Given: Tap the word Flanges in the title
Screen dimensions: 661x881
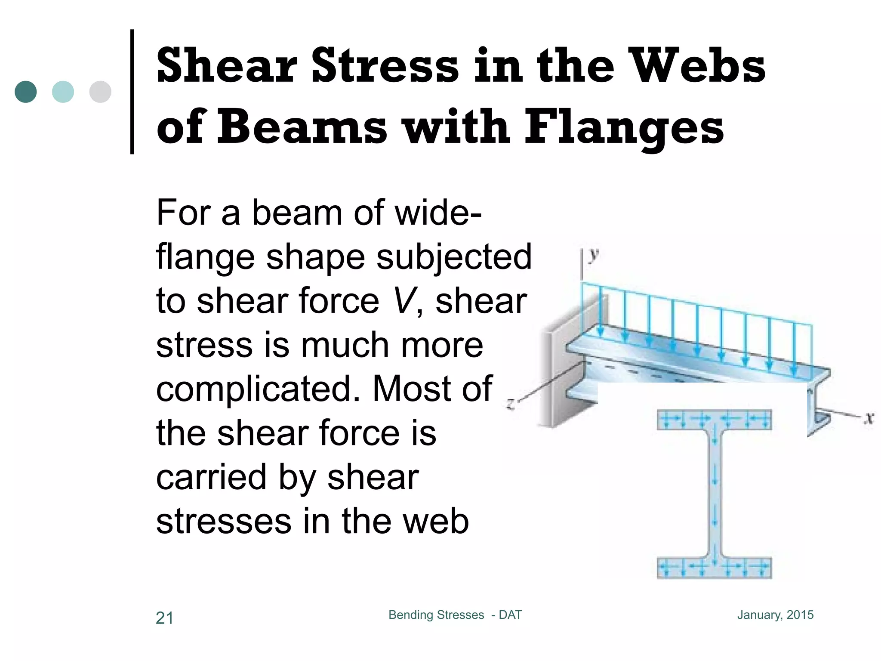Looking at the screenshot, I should (624, 127).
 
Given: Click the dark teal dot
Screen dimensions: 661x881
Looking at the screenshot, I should (25, 92).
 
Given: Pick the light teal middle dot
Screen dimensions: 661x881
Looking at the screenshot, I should (63, 92).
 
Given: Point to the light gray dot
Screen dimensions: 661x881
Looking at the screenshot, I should (100, 92).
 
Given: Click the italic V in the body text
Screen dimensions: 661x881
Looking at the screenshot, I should (404, 301).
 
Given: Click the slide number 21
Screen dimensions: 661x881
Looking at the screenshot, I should (164, 618).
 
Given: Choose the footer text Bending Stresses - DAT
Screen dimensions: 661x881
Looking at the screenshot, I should (455, 615).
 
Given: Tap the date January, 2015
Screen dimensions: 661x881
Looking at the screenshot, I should (775, 615).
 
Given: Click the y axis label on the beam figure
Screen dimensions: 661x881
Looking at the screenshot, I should (594, 256).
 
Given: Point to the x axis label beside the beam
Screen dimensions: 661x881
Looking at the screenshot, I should (869, 417).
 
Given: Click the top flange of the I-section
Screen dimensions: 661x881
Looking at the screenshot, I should (714, 419).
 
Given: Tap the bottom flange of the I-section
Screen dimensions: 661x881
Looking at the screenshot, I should (714, 568).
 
